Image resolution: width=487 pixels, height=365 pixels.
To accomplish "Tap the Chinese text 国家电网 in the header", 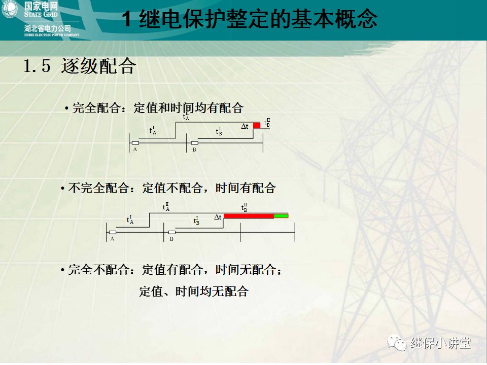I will click(42, 7).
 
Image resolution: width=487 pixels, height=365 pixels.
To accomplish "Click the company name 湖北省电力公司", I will click(48, 28).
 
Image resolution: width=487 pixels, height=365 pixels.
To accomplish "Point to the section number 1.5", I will click(37, 66).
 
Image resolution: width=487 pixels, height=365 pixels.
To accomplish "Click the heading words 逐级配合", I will click(98, 66).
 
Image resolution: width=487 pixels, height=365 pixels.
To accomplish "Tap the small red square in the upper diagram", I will click(257, 125).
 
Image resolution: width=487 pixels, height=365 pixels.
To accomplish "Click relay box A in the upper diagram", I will click(135, 143).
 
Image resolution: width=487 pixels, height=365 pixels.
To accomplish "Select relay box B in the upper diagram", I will click(194, 143).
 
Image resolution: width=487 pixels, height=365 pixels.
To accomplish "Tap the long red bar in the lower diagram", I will click(249, 216).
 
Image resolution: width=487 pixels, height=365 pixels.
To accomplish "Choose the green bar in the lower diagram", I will click(281, 216).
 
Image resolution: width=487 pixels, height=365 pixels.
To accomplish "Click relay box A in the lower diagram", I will click(113, 232).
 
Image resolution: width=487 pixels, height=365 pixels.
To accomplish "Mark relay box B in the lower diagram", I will click(172, 232).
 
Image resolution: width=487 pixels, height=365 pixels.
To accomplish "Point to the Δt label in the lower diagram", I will click(218, 217).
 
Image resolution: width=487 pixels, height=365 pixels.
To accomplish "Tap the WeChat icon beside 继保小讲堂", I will click(397, 343).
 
